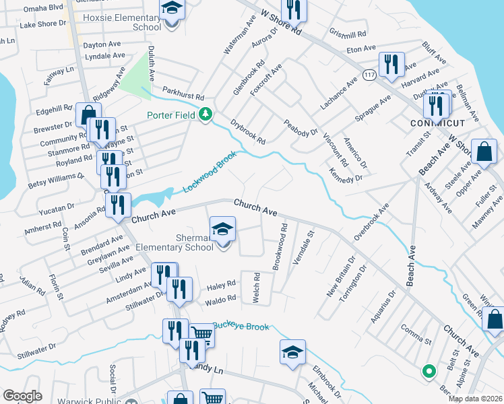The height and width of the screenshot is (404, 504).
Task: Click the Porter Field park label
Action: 172,115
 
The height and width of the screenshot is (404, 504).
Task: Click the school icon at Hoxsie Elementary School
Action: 172,9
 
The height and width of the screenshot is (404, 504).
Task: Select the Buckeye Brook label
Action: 241,327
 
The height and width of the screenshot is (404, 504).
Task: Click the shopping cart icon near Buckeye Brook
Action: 201,333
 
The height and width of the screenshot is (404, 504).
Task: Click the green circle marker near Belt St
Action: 427,370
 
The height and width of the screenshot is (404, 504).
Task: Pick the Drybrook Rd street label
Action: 248,132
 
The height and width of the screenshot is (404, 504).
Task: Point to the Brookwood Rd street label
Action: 280,248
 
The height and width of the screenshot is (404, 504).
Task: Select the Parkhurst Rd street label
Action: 183,92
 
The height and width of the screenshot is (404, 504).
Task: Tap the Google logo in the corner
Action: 22,395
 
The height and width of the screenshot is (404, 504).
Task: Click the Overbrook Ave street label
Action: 372,221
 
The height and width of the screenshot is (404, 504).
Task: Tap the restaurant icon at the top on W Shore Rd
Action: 292,9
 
